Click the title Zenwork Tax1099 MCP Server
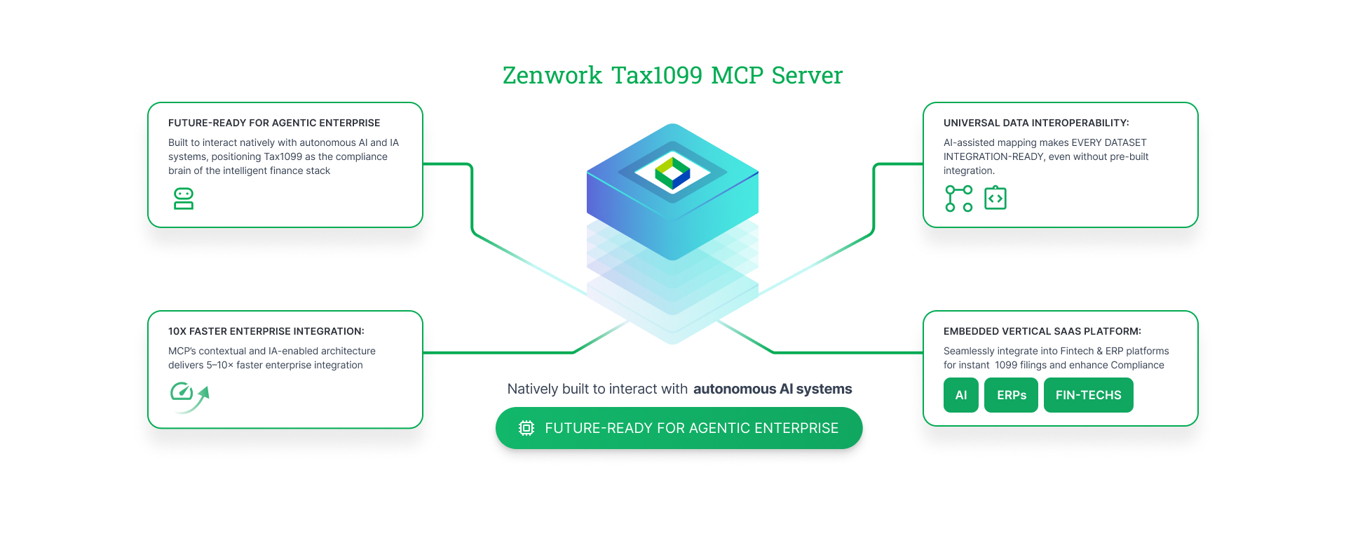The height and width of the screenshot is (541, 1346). coord(672,75)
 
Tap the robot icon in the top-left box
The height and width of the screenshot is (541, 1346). coord(184,199)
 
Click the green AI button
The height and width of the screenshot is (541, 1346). coord(960,395)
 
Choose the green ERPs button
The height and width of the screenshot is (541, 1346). coord(1011,395)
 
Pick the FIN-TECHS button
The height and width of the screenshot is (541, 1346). coord(1088,395)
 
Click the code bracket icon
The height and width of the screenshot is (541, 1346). coord(995,199)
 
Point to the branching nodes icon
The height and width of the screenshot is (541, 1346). coord(958,199)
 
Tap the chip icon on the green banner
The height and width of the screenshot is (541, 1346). coord(526,428)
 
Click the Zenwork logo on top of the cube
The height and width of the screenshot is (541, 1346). coord(672,173)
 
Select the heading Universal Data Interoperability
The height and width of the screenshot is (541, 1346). coord(1035,123)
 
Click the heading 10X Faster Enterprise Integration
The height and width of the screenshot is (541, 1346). coord(266,331)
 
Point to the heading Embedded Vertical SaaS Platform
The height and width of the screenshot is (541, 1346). coord(1042,331)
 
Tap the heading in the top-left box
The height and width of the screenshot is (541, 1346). coord(273,123)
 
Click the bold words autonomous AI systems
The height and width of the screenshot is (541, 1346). coord(773,389)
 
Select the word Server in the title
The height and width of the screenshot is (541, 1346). coord(807,75)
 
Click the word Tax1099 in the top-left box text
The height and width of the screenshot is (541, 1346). coord(283,156)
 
